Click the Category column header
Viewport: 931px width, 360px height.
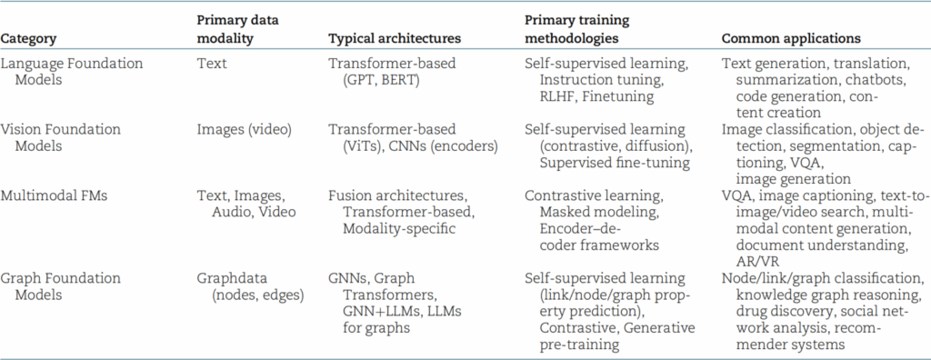(x=28, y=39)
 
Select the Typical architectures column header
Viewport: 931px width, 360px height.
(x=395, y=38)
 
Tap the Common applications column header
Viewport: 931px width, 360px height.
(x=791, y=39)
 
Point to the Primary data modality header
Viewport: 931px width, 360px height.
(x=237, y=29)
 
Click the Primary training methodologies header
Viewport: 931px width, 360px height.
(x=577, y=29)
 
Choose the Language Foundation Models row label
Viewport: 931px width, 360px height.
(x=72, y=71)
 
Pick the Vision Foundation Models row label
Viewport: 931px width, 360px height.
(x=61, y=138)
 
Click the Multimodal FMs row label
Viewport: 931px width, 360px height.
(x=54, y=195)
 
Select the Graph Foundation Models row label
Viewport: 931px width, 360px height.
(x=61, y=286)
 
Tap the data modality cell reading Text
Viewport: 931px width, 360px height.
(x=212, y=64)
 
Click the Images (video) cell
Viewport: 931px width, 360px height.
(x=244, y=129)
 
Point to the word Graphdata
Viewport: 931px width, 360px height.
(x=232, y=278)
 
